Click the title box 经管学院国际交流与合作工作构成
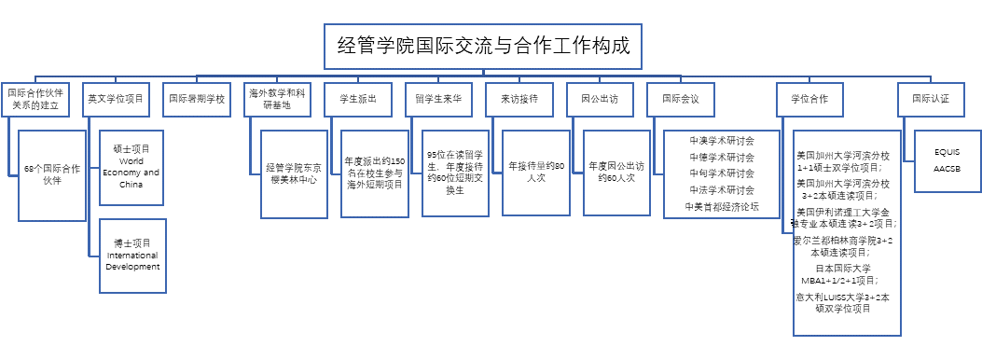click(x=484, y=46)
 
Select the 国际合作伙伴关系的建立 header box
click(x=35, y=99)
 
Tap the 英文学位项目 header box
click(x=116, y=99)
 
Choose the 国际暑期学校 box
click(x=196, y=99)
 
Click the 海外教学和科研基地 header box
click(x=277, y=99)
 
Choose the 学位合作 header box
click(x=809, y=99)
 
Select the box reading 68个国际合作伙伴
click(x=52, y=174)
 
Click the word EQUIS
click(x=946, y=151)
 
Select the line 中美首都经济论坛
click(x=722, y=206)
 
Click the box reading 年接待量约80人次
click(x=537, y=172)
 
